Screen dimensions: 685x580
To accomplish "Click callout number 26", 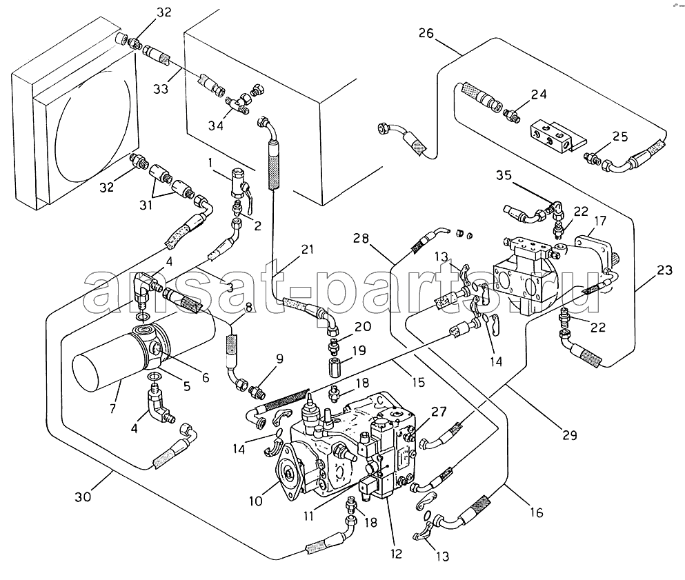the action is (x=426, y=33).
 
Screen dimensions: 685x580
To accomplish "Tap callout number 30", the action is (x=83, y=497).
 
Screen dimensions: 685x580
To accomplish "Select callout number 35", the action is (x=504, y=176).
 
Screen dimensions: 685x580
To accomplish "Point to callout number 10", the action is (x=255, y=501).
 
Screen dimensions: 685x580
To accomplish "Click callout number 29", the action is (x=570, y=434).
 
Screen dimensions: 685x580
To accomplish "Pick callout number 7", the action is (x=112, y=408).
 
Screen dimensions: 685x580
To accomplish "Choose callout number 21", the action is (x=308, y=250).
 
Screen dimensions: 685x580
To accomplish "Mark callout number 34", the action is (x=215, y=126).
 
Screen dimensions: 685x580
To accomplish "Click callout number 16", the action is (x=537, y=512).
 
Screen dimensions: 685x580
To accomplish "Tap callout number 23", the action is (x=664, y=271).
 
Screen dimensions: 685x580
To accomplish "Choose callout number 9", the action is (x=279, y=359).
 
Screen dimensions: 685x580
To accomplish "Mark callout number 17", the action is (x=601, y=221).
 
